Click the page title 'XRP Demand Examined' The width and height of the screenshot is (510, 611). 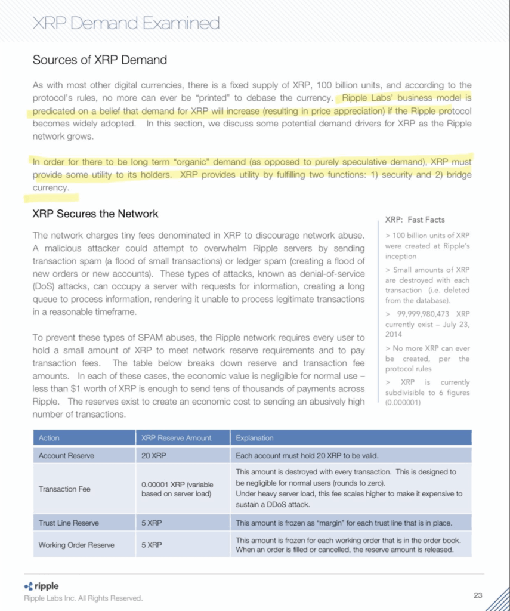(126, 23)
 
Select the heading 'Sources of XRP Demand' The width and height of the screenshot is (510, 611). (100, 60)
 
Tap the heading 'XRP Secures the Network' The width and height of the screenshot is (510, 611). (95, 214)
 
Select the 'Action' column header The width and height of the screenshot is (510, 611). (49, 438)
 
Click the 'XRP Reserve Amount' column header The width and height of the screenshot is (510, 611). (176, 438)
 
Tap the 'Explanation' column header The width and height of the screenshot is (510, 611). (255, 438)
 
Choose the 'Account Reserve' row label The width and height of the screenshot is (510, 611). (66, 456)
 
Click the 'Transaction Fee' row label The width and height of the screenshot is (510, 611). (64, 489)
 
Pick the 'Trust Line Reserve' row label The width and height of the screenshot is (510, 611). (69, 523)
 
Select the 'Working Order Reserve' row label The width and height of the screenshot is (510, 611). (76, 545)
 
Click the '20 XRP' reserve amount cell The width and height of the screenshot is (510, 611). (154, 456)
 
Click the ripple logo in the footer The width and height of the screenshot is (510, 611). (41, 587)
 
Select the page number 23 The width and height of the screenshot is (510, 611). (478, 595)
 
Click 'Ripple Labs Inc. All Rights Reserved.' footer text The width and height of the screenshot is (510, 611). (83, 598)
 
